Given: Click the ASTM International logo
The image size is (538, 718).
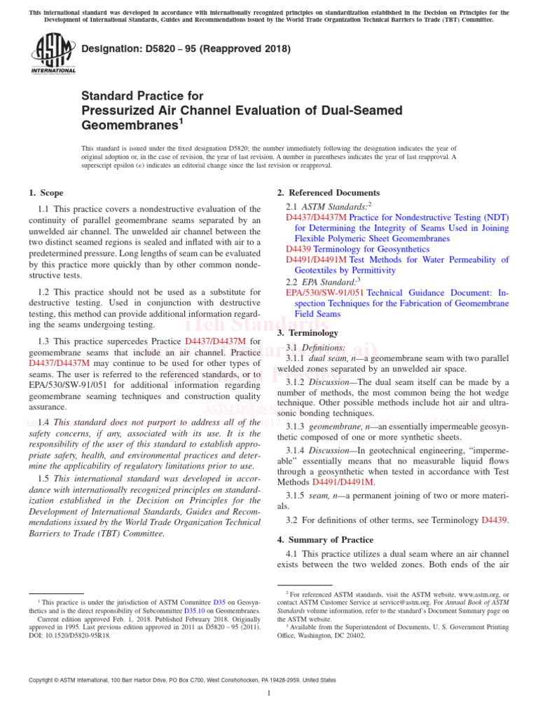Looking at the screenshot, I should [53, 54].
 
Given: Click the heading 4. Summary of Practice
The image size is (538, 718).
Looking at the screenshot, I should [326, 540].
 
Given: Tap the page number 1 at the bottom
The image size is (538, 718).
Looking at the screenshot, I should [269, 693].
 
